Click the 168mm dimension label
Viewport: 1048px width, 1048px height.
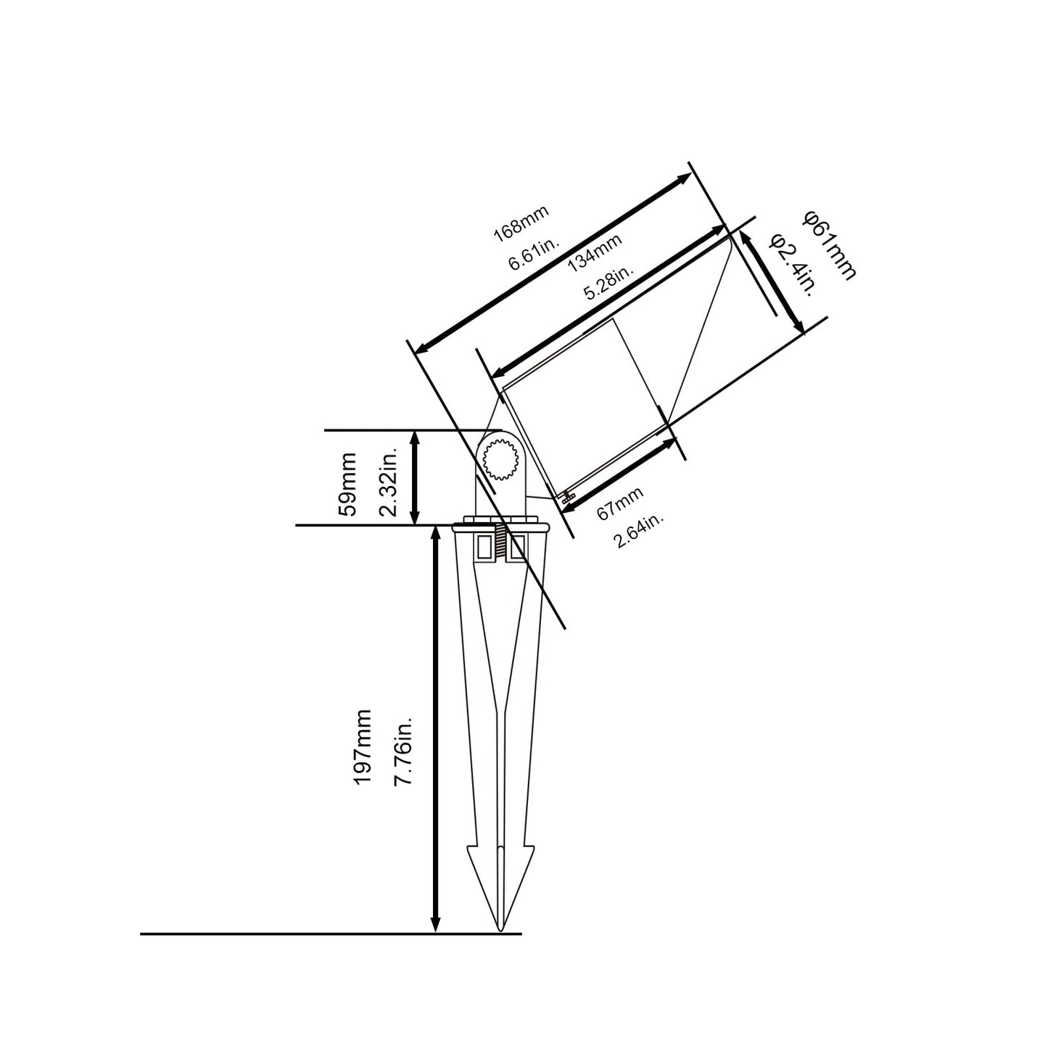click(x=521, y=223)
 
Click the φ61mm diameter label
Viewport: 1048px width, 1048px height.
click(x=830, y=246)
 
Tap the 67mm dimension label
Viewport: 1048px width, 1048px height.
click(x=620, y=503)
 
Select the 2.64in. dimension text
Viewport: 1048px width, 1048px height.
click(x=639, y=530)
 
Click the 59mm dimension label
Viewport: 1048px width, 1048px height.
click(x=347, y=484)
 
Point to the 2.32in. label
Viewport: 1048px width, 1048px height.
click(x=388, y=481)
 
